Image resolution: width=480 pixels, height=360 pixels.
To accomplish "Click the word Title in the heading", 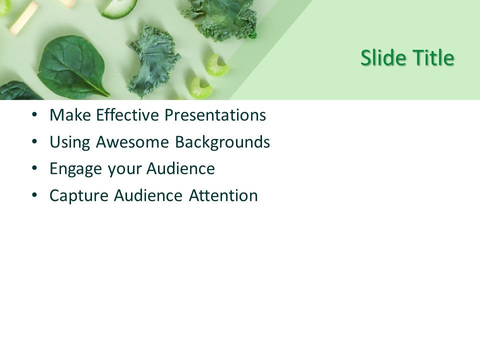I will click(x=432, y=58).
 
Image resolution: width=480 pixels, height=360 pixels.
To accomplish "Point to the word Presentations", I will click(x=215, y=115).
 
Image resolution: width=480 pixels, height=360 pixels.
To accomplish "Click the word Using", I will click(x=70, y=142).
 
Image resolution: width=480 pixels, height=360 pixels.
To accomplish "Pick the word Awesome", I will click(x=132, y=142).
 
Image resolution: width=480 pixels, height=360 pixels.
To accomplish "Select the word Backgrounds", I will click(x=222, y=142).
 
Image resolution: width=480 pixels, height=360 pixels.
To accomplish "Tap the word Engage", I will click(x=76, y=169).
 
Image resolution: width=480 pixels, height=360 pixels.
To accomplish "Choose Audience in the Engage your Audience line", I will click(x=180, y=169).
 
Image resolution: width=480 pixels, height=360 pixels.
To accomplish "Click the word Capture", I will click(x=79, y=196).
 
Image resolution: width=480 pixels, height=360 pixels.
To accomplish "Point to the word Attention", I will click(x=223, y=195).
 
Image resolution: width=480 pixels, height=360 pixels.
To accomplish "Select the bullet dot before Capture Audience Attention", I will click(x=34, y=195).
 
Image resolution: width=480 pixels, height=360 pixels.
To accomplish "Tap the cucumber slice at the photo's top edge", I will click(x=118, y=8).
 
